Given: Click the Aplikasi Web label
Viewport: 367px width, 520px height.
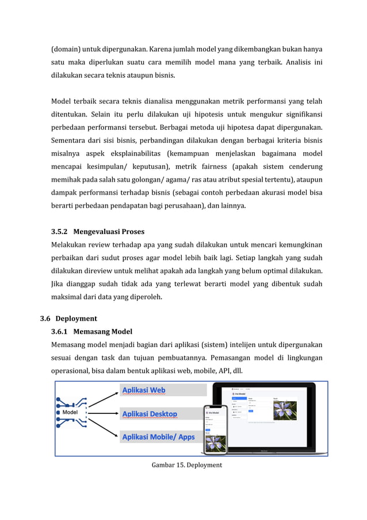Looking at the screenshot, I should [143, 390].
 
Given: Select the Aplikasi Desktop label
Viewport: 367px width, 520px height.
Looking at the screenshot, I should [150, 414].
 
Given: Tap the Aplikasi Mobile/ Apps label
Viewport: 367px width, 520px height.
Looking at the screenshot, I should [158, 437].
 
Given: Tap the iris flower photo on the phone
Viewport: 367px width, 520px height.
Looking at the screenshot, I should [216, 442].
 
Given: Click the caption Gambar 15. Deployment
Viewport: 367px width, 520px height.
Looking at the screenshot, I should [186, 465].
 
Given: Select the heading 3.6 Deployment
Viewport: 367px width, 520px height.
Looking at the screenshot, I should [68, 318].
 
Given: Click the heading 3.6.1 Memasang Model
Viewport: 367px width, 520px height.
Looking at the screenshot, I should [91, 331].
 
